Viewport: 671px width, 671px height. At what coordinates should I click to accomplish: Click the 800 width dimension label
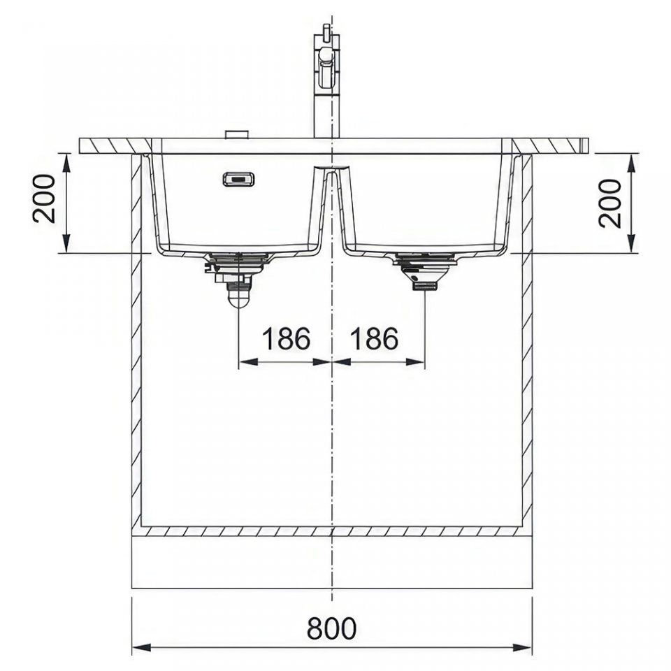pos(331,628)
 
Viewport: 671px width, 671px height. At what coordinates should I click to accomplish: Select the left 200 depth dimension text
pos(45,199)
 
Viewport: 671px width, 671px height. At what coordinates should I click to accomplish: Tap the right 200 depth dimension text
pos(610,203)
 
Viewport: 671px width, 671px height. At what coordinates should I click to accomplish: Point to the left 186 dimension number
pos(285,338)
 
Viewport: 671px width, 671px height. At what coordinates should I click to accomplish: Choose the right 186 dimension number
pos(374,338)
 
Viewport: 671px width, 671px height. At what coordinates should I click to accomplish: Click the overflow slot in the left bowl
pos(239,179)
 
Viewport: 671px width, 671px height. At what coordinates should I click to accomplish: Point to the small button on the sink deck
pos(236,134)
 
